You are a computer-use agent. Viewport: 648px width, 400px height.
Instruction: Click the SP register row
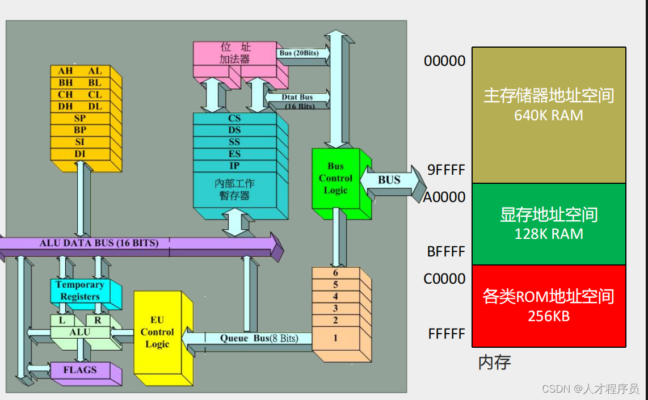click(80, 119)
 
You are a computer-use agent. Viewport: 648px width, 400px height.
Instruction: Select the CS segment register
click(234, 119)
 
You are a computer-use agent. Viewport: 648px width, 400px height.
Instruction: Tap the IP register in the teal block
click(234, 166)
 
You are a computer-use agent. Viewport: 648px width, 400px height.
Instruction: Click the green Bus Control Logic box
click(335, 178)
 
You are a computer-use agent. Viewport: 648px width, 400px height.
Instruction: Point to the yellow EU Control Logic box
click(157, 332)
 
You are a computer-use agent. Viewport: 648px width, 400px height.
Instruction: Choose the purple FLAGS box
click(80, 370)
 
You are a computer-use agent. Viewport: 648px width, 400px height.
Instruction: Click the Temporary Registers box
click(80, 290)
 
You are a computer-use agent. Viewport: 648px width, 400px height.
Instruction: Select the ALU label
click(80, 332)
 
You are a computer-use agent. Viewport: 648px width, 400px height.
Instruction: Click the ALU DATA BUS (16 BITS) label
click(99, 243)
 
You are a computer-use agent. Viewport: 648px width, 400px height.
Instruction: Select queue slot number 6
click(335, 273)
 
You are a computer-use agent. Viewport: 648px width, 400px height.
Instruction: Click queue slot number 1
click(335, 338)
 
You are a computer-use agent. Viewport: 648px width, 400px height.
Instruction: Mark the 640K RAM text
click(548, 115)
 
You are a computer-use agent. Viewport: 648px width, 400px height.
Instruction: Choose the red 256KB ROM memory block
click(548, 305)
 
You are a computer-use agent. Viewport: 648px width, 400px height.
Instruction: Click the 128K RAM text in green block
click(548, 234)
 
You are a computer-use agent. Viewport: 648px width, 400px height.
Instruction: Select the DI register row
click(80, 154)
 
